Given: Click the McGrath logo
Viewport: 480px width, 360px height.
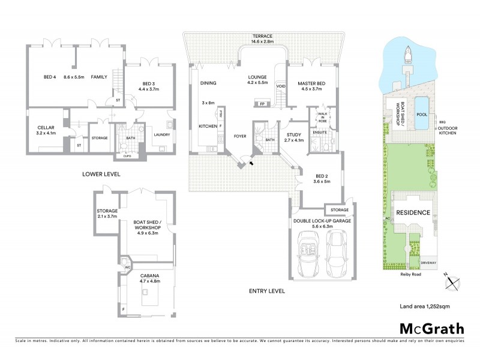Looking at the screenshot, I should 432,328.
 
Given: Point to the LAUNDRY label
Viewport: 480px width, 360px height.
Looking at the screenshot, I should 162,134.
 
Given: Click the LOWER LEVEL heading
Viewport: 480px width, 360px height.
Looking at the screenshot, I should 101,174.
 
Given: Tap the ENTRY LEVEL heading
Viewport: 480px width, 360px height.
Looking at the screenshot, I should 266,291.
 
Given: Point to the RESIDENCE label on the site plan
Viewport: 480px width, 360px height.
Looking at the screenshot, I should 413,213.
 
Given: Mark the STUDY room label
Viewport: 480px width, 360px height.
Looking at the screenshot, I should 293,135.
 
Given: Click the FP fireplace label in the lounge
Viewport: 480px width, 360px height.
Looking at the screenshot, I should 262,104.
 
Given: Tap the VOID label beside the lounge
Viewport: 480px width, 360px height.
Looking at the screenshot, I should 280,86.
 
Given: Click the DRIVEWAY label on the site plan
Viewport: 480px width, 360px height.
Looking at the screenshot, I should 428,262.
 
